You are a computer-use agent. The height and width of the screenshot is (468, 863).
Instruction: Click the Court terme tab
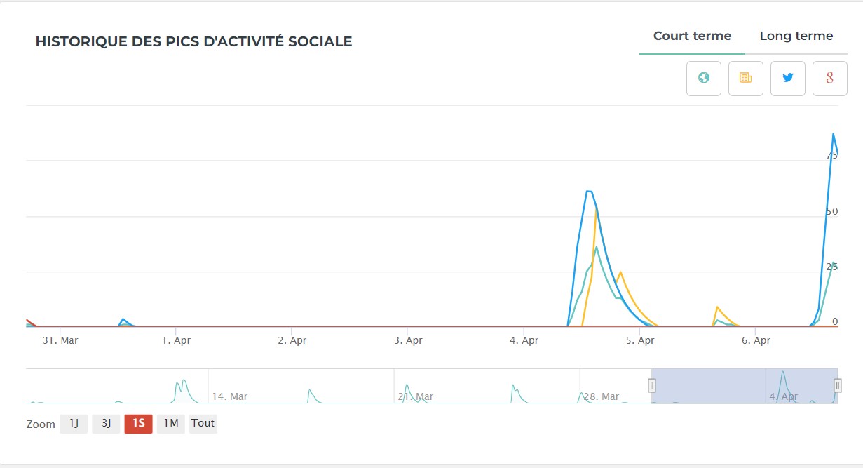tap(692, 36)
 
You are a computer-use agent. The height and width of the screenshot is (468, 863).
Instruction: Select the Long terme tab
tap(796, 36)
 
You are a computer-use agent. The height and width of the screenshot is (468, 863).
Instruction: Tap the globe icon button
tap(704, 79)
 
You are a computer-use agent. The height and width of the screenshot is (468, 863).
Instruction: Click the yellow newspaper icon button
tap(746, 79)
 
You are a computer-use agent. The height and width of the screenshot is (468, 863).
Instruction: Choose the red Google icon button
tap(830, 79)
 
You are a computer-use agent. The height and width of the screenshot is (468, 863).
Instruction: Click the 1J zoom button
tap(74, 424)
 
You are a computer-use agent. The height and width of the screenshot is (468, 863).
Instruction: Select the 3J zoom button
tap(106, 424)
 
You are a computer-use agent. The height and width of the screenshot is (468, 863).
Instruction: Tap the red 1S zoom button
tap(138, 424)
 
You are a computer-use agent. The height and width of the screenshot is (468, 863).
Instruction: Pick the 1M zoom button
tap(170, 424)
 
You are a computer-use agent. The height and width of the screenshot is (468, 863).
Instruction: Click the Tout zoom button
tap(203, 424)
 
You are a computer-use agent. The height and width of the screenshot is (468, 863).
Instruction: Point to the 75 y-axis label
tap(832, 156)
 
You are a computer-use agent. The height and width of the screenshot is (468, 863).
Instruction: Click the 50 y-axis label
tap(832, 211)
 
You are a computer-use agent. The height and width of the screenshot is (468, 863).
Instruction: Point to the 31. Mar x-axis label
tap(60, 340)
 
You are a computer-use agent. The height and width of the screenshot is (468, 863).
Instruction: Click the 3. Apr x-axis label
tap(408, 340)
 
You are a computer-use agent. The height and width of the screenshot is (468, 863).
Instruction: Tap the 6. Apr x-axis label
tap(756, 340)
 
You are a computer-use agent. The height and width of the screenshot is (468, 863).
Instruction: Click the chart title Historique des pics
tap(193, 42)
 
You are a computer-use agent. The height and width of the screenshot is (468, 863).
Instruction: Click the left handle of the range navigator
tap(652, 385)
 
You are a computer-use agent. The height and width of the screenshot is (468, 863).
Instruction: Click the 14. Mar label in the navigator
tap(230, 396)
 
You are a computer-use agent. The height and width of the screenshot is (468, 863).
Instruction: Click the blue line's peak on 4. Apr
tap(589, 191)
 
